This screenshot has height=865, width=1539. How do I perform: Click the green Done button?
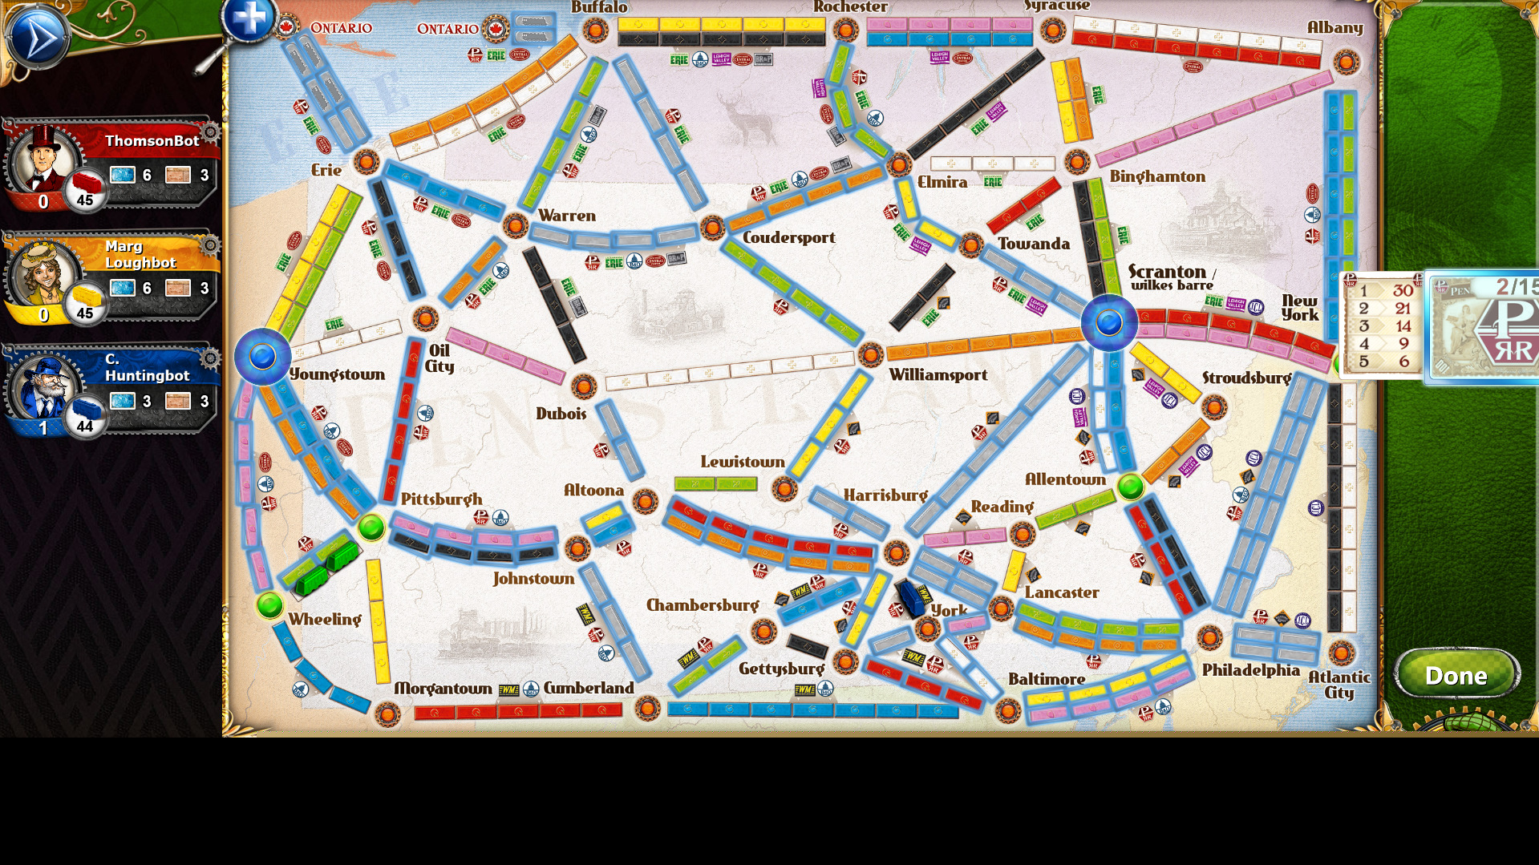[1456, 675]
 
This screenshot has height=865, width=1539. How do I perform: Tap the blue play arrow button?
[36, 37]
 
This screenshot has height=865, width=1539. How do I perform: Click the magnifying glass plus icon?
[249, 19]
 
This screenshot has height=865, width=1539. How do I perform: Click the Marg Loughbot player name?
[140, 254]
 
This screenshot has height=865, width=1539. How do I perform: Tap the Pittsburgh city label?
[441, 499]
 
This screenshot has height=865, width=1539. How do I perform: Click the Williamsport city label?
[938, 375]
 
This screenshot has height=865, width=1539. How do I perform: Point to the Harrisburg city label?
[885, 495]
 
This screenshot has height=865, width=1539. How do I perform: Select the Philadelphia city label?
[1250, 670]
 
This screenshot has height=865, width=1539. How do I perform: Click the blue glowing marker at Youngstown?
[262, 356]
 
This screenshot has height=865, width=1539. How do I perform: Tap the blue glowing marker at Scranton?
[1109, 322]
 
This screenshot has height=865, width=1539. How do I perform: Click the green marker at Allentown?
[1131, 486]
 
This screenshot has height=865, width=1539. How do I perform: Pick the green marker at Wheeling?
[270, 604]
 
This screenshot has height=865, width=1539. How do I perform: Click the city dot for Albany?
[1347, 62]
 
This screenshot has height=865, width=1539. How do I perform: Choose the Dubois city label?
[561, 414]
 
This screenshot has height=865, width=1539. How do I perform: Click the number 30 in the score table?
[1403, 290]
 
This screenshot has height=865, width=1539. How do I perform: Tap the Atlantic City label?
[1339, 685]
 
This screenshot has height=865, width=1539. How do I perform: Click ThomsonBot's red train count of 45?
[85, 200]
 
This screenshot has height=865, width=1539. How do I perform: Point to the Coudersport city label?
[788, 238]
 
